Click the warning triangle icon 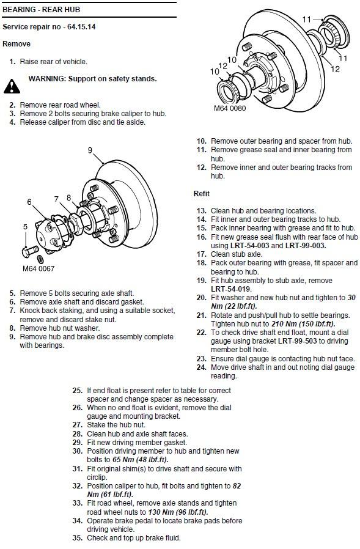click(12, 86)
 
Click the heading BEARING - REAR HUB click(42, 10)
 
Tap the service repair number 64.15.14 click(81, 27)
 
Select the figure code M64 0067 click(39, 268)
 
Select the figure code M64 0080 click(230, 108)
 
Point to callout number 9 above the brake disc click(90, 150)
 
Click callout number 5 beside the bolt click(25, 227)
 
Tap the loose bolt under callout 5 click(30, 251)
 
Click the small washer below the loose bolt click(40, 259)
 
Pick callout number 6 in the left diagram click(29, 202)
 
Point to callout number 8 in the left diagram click(68, 197)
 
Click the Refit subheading click(201, 194)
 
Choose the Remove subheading click(17, 44)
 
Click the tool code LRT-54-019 click(230, 289)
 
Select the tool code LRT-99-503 click(297, 341)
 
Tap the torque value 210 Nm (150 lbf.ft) click(303, 324)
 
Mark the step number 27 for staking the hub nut click(78, 425)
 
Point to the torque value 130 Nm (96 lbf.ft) click(178, 512)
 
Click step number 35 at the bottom click(78, 538)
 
